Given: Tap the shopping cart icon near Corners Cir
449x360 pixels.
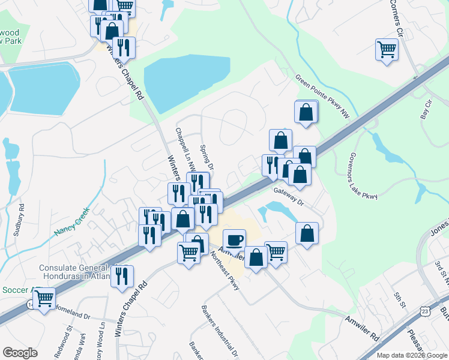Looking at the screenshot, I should tap(387, 49).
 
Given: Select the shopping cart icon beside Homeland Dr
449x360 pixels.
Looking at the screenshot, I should tap(44, 298).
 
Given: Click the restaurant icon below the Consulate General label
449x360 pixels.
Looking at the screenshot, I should tap(122, 275).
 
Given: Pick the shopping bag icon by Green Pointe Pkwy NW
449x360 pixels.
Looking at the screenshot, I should tap(306, 112).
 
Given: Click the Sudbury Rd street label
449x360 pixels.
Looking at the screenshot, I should tap(22, 218).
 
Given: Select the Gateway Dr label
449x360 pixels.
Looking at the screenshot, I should tap(290, 196).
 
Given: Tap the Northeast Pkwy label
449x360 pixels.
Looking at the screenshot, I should tap(225, 270).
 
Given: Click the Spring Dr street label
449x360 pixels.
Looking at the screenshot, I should tap(206, 157).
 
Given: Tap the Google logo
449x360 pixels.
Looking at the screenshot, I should tap(20, 352).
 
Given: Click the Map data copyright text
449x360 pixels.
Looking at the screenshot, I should tap(411, 355).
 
